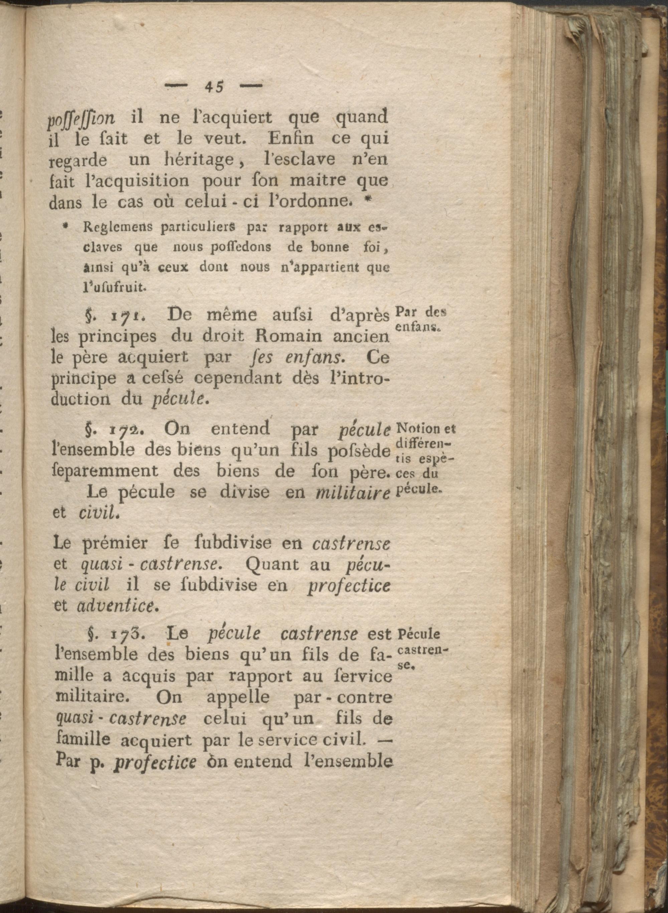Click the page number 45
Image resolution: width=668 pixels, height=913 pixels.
pos(214,87)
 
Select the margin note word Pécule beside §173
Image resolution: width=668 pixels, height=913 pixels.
pos(419,634)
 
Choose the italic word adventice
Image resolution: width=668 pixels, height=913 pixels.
pos(115,606)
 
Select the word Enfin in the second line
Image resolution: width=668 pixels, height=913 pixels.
pos(290,139)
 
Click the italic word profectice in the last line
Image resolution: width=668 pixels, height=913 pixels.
pos(155,763)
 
